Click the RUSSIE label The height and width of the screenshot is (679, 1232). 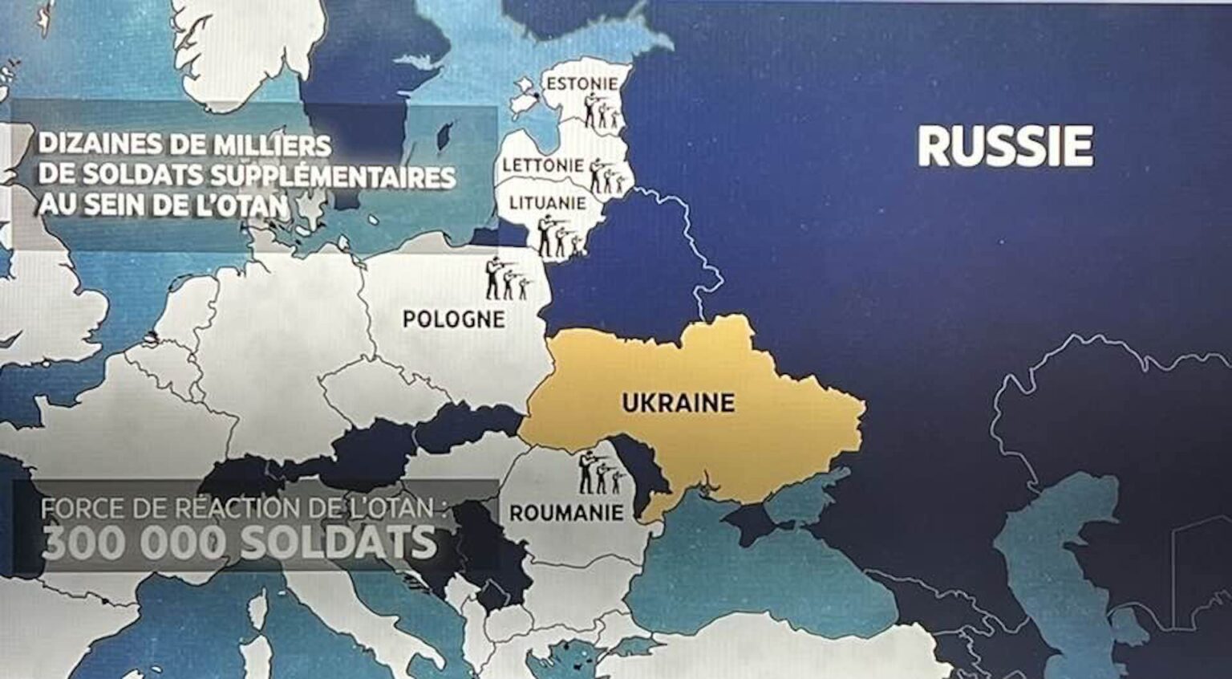(1004, 146)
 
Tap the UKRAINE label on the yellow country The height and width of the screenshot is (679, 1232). (678, 401)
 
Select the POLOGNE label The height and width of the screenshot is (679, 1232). (453, 319)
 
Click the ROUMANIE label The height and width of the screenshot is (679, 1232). (566, 512)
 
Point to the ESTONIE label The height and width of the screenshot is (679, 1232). (582, 83)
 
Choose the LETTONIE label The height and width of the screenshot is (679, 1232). (543, 165)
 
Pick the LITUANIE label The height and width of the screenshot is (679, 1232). (548, 203)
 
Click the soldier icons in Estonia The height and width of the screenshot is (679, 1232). (602, 112)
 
